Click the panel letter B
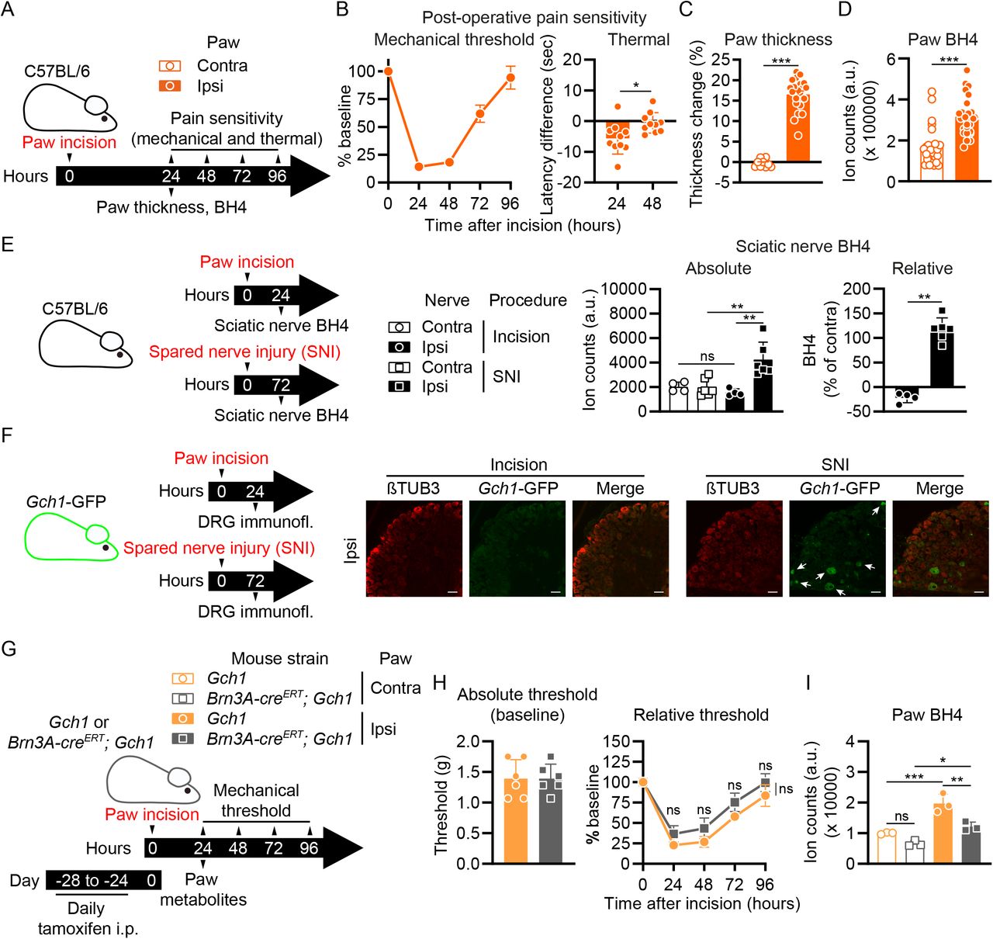(342, 10)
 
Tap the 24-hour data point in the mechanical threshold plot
(419, 167)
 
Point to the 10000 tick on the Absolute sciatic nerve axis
(624, 289)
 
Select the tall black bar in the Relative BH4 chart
(942, 359)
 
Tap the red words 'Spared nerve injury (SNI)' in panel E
(244, 352)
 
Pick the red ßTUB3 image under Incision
(413, 549)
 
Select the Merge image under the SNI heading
(940, 549)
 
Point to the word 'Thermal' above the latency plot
(638, 40)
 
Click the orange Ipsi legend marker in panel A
(170, 86)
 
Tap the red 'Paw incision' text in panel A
(69, 142)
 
